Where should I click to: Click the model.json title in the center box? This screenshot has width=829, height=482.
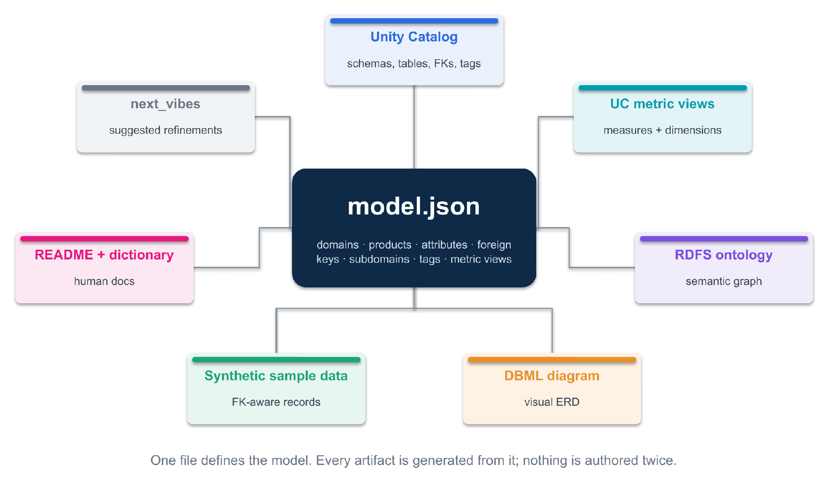414,207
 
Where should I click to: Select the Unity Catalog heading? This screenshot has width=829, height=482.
414,37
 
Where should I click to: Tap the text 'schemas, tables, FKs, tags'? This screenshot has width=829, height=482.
414,64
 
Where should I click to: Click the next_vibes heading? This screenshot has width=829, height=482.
165,104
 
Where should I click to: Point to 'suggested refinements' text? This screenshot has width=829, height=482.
166,130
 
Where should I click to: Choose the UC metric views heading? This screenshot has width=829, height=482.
662,104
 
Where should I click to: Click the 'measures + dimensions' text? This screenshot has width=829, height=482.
663,130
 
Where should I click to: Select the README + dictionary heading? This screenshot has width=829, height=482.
104,255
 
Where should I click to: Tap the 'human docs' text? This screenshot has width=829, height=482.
104,281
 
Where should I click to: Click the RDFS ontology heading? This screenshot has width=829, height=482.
724,255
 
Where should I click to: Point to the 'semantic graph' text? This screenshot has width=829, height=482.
724,281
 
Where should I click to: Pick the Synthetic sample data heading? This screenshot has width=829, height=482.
276,376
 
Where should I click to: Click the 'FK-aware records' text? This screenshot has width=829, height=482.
276,402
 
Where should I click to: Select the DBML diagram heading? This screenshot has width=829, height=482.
552,376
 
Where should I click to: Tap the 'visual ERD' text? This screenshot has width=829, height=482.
552,402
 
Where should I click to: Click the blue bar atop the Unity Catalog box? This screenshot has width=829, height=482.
414,21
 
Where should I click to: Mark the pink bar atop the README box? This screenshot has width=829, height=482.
104,239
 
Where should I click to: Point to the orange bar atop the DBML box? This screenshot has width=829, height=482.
552,360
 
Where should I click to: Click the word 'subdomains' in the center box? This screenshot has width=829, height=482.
379,259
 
